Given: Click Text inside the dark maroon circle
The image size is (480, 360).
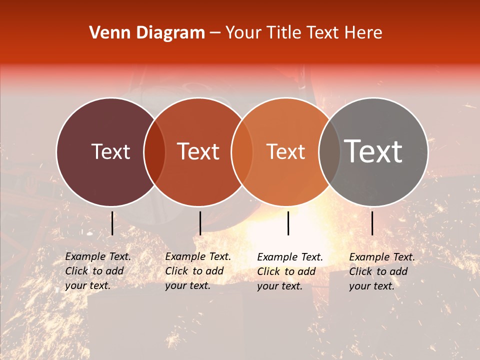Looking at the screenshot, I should (110, 151).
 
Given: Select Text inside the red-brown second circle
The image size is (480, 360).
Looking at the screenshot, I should (198, 151).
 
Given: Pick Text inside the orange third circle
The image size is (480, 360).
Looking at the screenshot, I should (285, 151).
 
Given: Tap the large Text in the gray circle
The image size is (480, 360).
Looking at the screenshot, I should (373, 151).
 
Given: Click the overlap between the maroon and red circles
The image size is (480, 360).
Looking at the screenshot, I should (154, 151).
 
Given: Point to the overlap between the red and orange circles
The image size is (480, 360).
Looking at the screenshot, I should (242, 151).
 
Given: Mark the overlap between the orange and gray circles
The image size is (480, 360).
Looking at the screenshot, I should (328, 151).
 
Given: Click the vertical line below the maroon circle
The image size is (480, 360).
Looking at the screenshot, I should (112, 223).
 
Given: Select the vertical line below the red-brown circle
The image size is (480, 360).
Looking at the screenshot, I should (200, 223).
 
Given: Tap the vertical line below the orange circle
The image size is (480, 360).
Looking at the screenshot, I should (288, 223).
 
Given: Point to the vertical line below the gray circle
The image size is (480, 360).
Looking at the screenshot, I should (372, 223).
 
